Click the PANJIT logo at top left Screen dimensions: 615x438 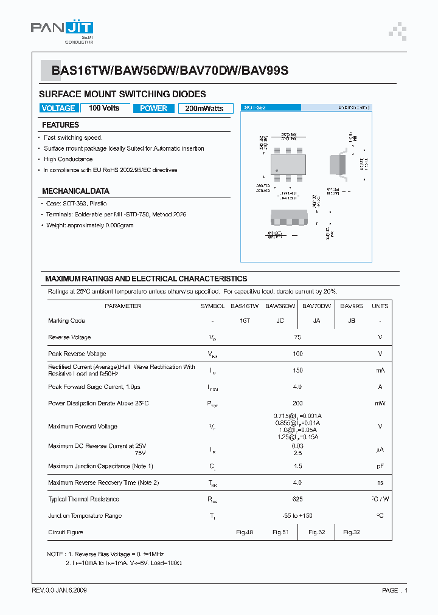[x=62, y=31]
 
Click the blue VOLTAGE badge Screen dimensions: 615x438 [x=58, y=108]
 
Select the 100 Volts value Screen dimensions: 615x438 [x=104, y=108]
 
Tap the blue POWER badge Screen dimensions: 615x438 [x=153, y=108]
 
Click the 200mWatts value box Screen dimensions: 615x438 [x=204, y=109]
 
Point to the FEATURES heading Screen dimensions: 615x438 [x=60, y=125]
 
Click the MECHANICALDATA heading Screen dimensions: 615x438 [x=75, y=191]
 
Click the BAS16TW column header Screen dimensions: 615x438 [x=245, y=306]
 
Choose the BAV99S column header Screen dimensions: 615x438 [x=351, y=306]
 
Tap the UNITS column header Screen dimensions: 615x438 [x=380, y=306]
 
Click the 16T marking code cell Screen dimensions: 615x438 [x=245, y=321]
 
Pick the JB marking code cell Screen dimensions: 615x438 [x=351, y=321]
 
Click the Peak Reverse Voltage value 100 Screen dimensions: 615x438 [x=297, y=354]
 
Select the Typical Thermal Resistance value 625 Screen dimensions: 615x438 [x=297, y=499]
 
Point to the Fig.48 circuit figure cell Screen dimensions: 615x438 [x=245, y=532]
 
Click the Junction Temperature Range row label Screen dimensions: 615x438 [x=85, y=516]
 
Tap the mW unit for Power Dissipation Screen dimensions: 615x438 [x=380, y=404]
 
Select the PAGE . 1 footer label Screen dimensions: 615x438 [x=395, y=591]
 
